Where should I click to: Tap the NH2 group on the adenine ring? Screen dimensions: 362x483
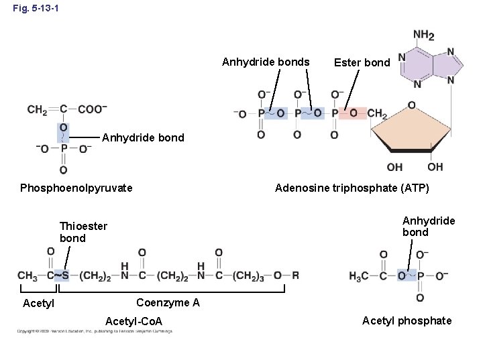pos(423,35)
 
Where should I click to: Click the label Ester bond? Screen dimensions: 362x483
pos(362,62)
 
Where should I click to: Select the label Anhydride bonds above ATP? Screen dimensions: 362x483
pos(266,62)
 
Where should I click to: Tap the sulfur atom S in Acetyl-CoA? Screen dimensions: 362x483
pos(66,275)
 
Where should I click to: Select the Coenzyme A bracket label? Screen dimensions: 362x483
pos(167,302)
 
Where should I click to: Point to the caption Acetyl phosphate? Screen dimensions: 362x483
pos(407,320)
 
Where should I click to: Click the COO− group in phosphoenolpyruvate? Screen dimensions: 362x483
pos(93,109)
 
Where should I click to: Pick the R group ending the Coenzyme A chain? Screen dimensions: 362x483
pos(296,275)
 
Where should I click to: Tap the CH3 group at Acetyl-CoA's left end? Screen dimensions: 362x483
pos(28,275)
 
